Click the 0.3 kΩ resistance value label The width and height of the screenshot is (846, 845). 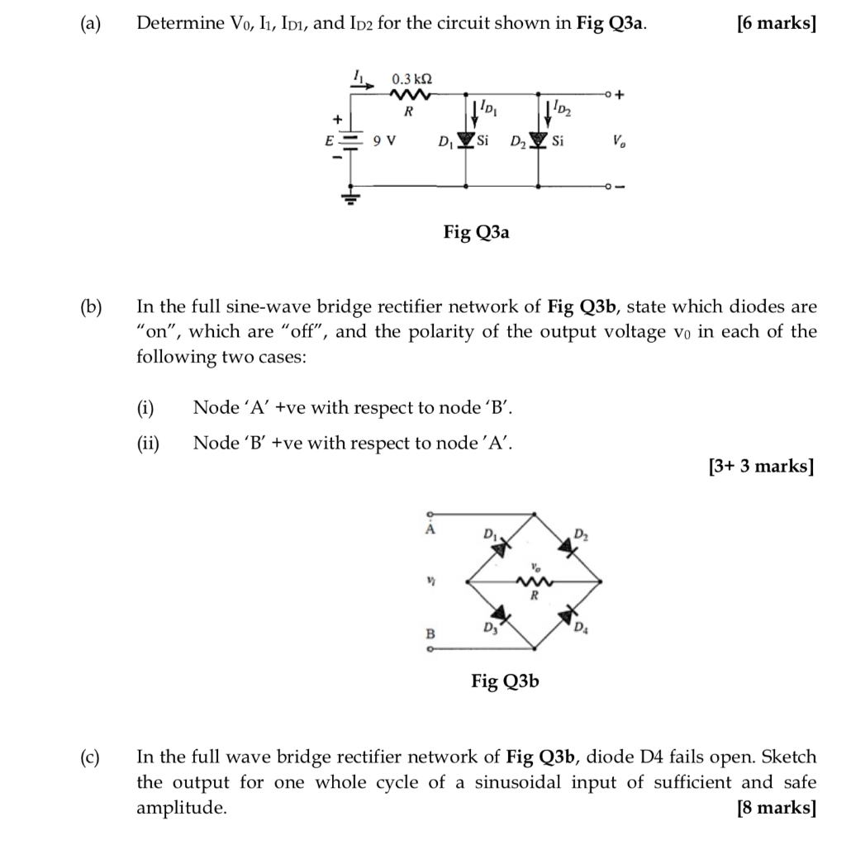[411, 79]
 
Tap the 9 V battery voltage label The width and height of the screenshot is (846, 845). [383, 140]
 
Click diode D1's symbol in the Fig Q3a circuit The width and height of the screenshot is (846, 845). [468, 140]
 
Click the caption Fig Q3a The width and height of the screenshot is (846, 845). [476, 232]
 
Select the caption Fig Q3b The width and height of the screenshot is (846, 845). [505, 681]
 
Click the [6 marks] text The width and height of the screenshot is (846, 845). [775, 23]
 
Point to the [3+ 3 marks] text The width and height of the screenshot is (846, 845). [761, 467]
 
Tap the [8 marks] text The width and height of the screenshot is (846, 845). [775, 808]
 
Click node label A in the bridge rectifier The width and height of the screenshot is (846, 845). [429, 529]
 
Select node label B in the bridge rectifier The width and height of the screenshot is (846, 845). [429, 634]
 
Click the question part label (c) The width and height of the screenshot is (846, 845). [89, 757]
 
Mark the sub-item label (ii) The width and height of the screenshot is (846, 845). [148, 444]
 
